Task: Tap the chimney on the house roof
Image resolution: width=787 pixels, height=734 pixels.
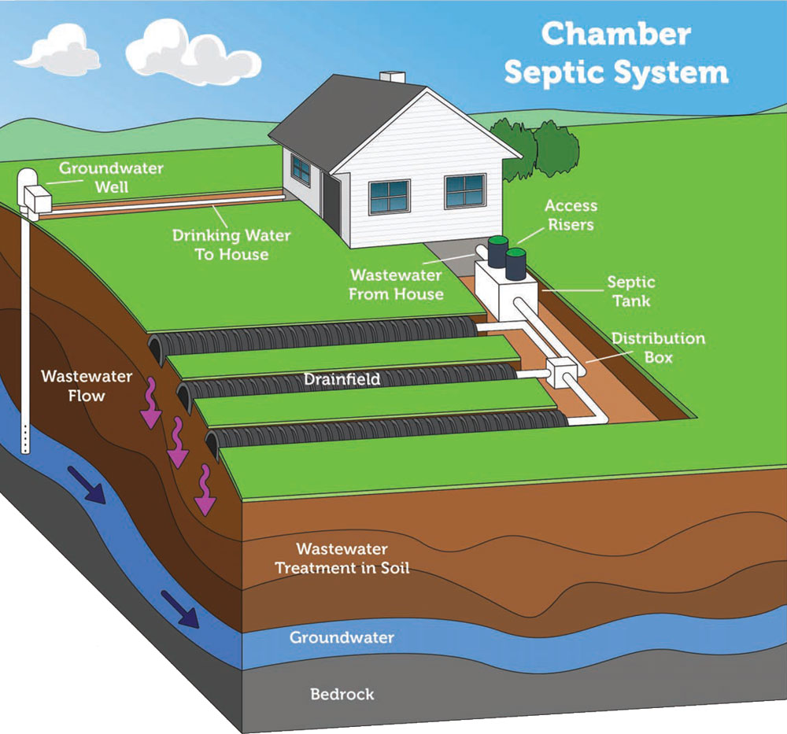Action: click(x=393, y=77)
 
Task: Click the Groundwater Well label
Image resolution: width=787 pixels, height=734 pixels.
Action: click(x=112, y=178)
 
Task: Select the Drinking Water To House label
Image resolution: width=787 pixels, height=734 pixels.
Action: click(x=231, y=245)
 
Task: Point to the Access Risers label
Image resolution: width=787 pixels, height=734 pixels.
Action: click(x=571, y=216)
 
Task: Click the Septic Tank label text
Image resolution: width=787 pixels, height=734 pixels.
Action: click(x=631, y=292)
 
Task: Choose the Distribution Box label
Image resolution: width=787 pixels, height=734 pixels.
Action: click(x=659, y=348)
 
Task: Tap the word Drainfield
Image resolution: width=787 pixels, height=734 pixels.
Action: click(x=342, y=378)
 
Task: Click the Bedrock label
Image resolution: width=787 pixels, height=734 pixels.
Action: click(x=342, y=694)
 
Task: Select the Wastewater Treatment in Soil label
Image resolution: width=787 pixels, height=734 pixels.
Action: click(x=342, y=558)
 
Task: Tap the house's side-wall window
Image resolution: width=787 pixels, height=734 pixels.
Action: click(x=301, y=170)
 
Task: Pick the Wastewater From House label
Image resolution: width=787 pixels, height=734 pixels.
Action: click(x=396, y=285)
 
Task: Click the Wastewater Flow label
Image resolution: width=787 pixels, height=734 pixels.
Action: click(x=87, y=385)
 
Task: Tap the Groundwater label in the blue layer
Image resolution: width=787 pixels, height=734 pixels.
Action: click(x=342, y=637)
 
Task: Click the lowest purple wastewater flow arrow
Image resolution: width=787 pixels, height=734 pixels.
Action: click(x=205, y=490)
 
